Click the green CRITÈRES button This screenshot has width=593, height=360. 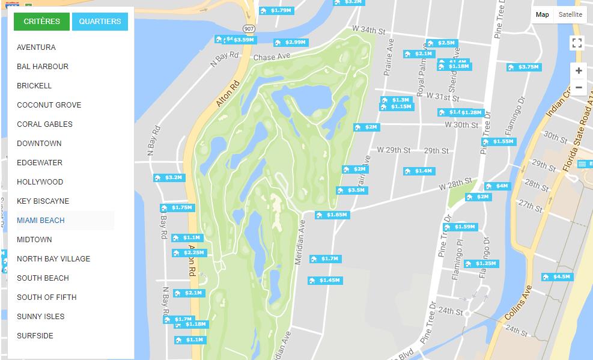point(41,22)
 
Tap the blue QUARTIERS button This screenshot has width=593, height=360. point(100,22)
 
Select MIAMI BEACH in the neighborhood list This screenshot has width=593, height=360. point(41,221)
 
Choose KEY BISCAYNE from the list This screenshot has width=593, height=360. point(43,201)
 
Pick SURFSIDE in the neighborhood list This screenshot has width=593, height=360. point(35,336)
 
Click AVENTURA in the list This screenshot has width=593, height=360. point(36,47)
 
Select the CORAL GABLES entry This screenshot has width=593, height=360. point(44,124)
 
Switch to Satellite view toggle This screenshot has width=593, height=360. point(570,15)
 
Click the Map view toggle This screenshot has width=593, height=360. point(542,15)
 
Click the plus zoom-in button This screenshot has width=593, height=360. point(578,71)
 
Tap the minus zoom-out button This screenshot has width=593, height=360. point(578,88)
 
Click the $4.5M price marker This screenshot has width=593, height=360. point(557,277)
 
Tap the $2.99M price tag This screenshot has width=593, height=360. point(291,43)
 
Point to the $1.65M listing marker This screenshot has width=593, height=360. point(332,215)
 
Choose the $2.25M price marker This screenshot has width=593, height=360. point(189,253)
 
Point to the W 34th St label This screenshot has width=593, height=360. point(368,29)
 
